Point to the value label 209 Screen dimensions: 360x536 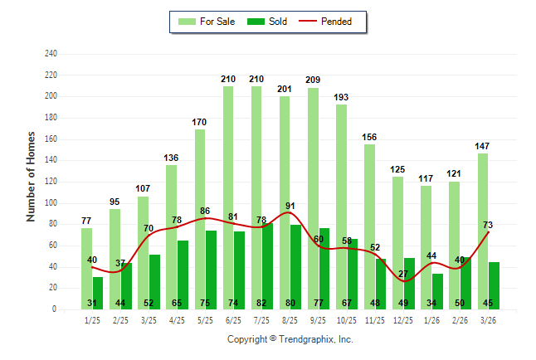(313, 80)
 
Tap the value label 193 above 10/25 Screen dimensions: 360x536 (341, 97)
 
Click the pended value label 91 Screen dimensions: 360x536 (290, 207)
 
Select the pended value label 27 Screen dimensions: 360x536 (403, 274)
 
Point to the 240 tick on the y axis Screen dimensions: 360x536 (51, 54)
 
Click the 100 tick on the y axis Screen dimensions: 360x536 (51, 202)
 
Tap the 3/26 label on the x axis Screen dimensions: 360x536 (489, 320)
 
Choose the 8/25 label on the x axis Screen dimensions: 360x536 (290, 320)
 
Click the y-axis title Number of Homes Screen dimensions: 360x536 (32, 176)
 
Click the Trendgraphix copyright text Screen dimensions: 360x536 (290, 339)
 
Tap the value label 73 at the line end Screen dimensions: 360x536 (489, 226)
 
